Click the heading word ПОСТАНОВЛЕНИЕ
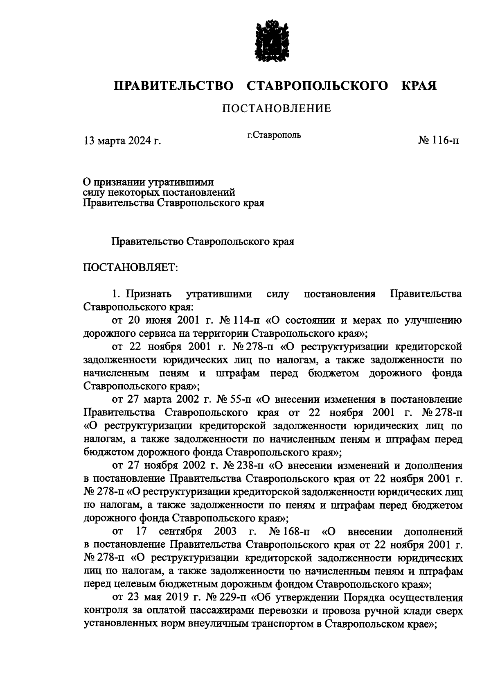pyautogui.click(x=276, y=109)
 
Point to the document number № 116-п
pyautogui.click(x=438, y=141)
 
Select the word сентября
pyautogui.click(x=180, y=532)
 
